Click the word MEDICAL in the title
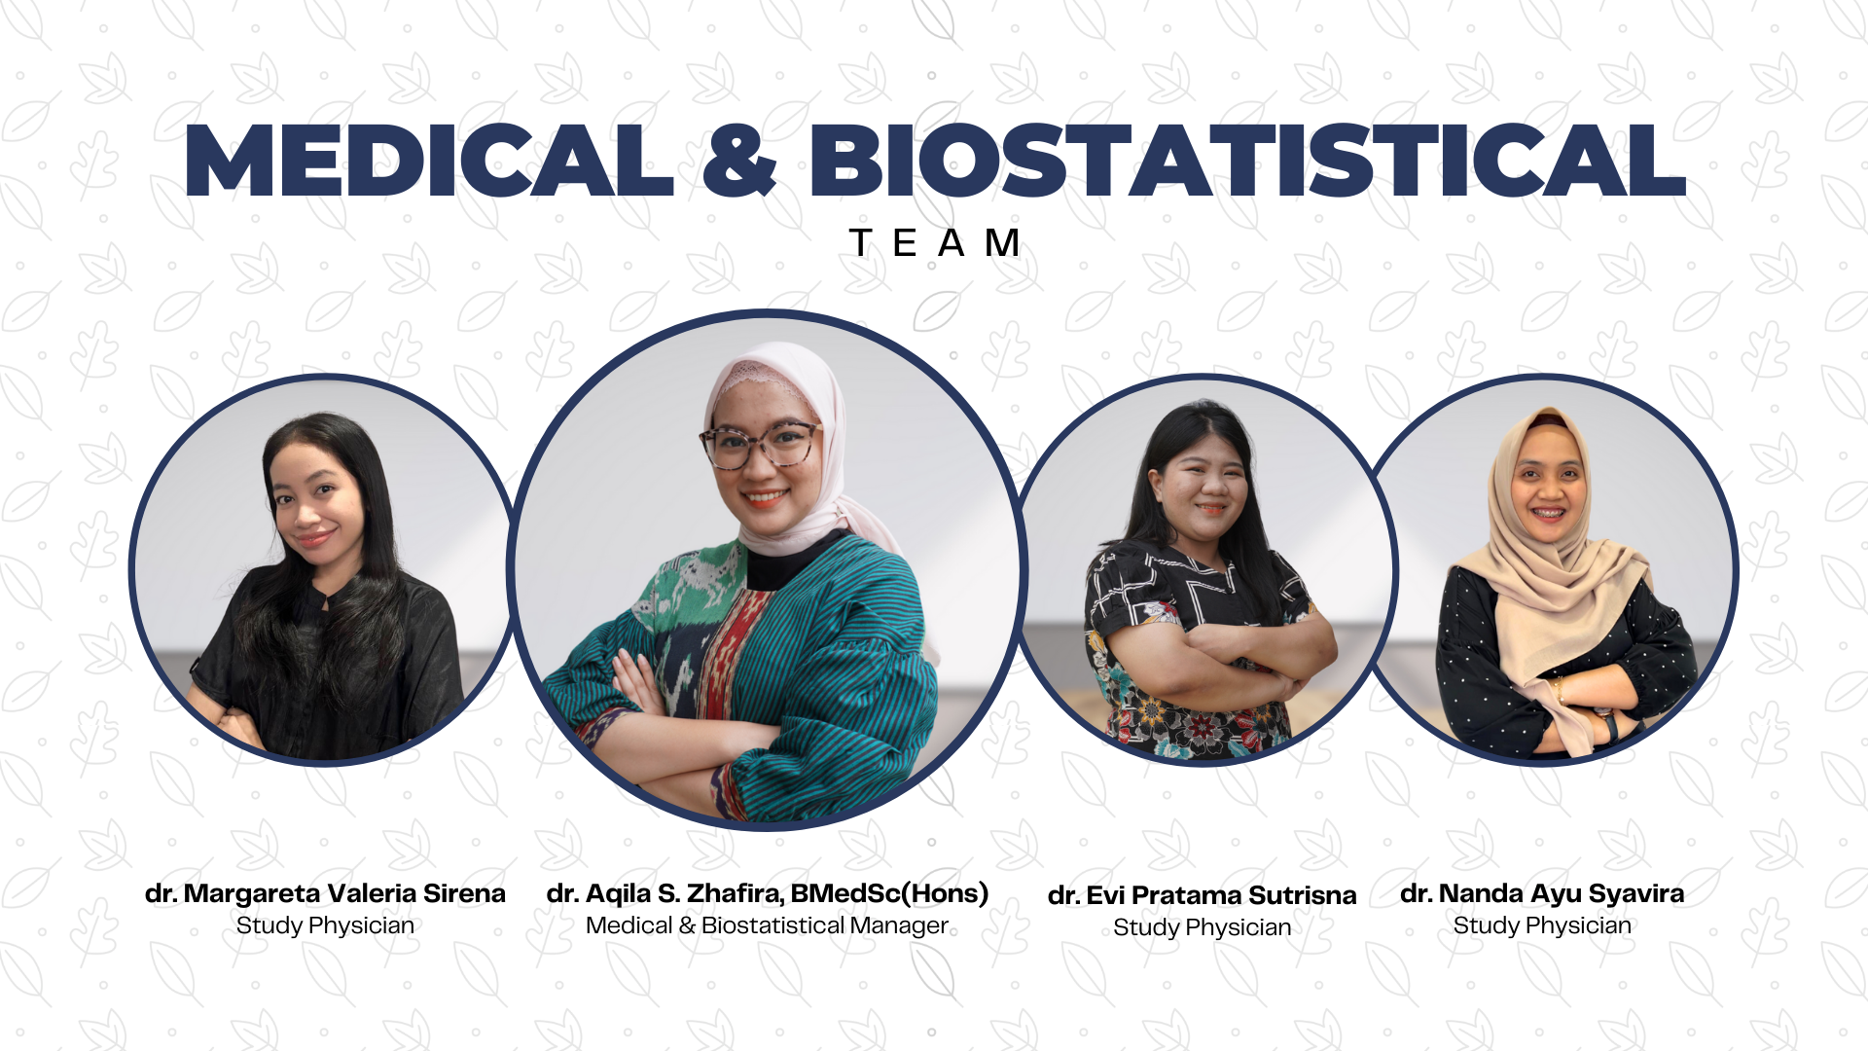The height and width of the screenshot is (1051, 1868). coord(428,161)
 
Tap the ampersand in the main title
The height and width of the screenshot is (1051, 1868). coord(739,161)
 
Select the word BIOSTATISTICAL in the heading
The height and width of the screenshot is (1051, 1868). coord(1247,161)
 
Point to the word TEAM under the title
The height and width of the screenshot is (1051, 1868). coord(934,243)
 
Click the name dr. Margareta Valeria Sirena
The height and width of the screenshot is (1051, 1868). coord(325,893)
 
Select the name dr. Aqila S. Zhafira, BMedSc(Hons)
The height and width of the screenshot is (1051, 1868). coord(767,893)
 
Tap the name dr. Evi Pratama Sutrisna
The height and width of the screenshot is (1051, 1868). coord(1202,895)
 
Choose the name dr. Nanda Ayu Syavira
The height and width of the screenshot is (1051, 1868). coord(1542,893)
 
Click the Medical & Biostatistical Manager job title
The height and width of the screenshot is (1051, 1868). coord(767,925)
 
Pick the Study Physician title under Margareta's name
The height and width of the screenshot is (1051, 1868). coord(325,925)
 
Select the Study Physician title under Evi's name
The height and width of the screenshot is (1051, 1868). coord(1202,927)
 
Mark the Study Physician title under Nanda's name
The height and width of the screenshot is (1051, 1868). coord(1542,925)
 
